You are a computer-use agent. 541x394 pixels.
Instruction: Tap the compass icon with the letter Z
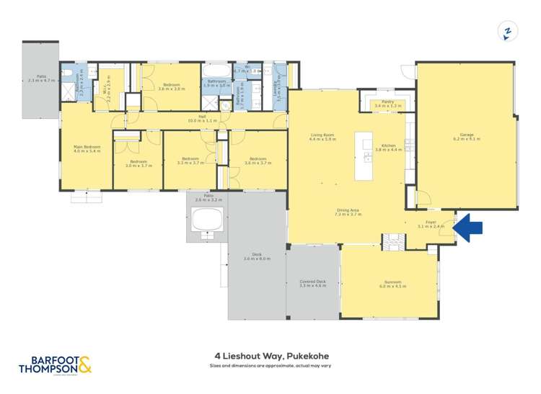[507, 31]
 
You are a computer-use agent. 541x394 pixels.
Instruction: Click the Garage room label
[465, 136]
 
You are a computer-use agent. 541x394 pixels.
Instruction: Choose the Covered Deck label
[312, 284]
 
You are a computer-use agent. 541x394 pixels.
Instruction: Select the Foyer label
[431, 223]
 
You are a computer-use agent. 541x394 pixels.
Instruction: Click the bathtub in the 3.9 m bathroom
[216, 72]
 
